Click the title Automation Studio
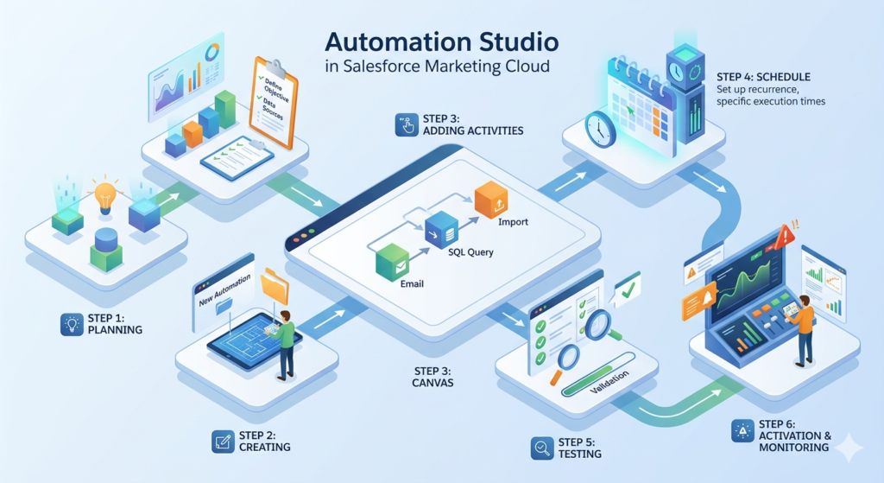(442, 42)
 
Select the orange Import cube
(491, 200)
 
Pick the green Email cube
(393, 262)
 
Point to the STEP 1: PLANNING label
(115, 324)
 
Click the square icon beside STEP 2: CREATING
(223, 442)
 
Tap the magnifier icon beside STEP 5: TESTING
(542, 448)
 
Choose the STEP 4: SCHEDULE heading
(763, 77)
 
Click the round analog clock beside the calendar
(601, 130)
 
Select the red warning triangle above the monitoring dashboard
(784, 237)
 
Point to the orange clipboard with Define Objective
(274, 102)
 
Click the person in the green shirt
(285, 344)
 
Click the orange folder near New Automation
(275, 286)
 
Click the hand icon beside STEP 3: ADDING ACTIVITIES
(407, 124)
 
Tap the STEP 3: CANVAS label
(433, 377)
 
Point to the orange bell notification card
(700, 301)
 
